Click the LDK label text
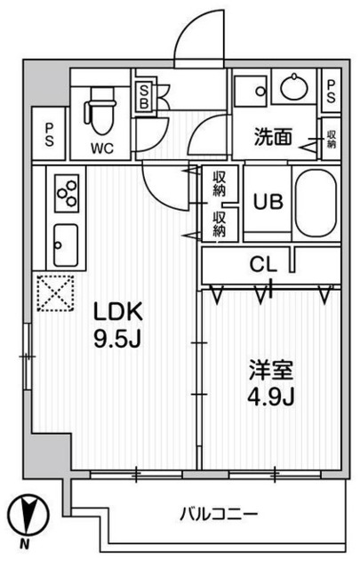118,313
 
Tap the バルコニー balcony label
219,514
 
